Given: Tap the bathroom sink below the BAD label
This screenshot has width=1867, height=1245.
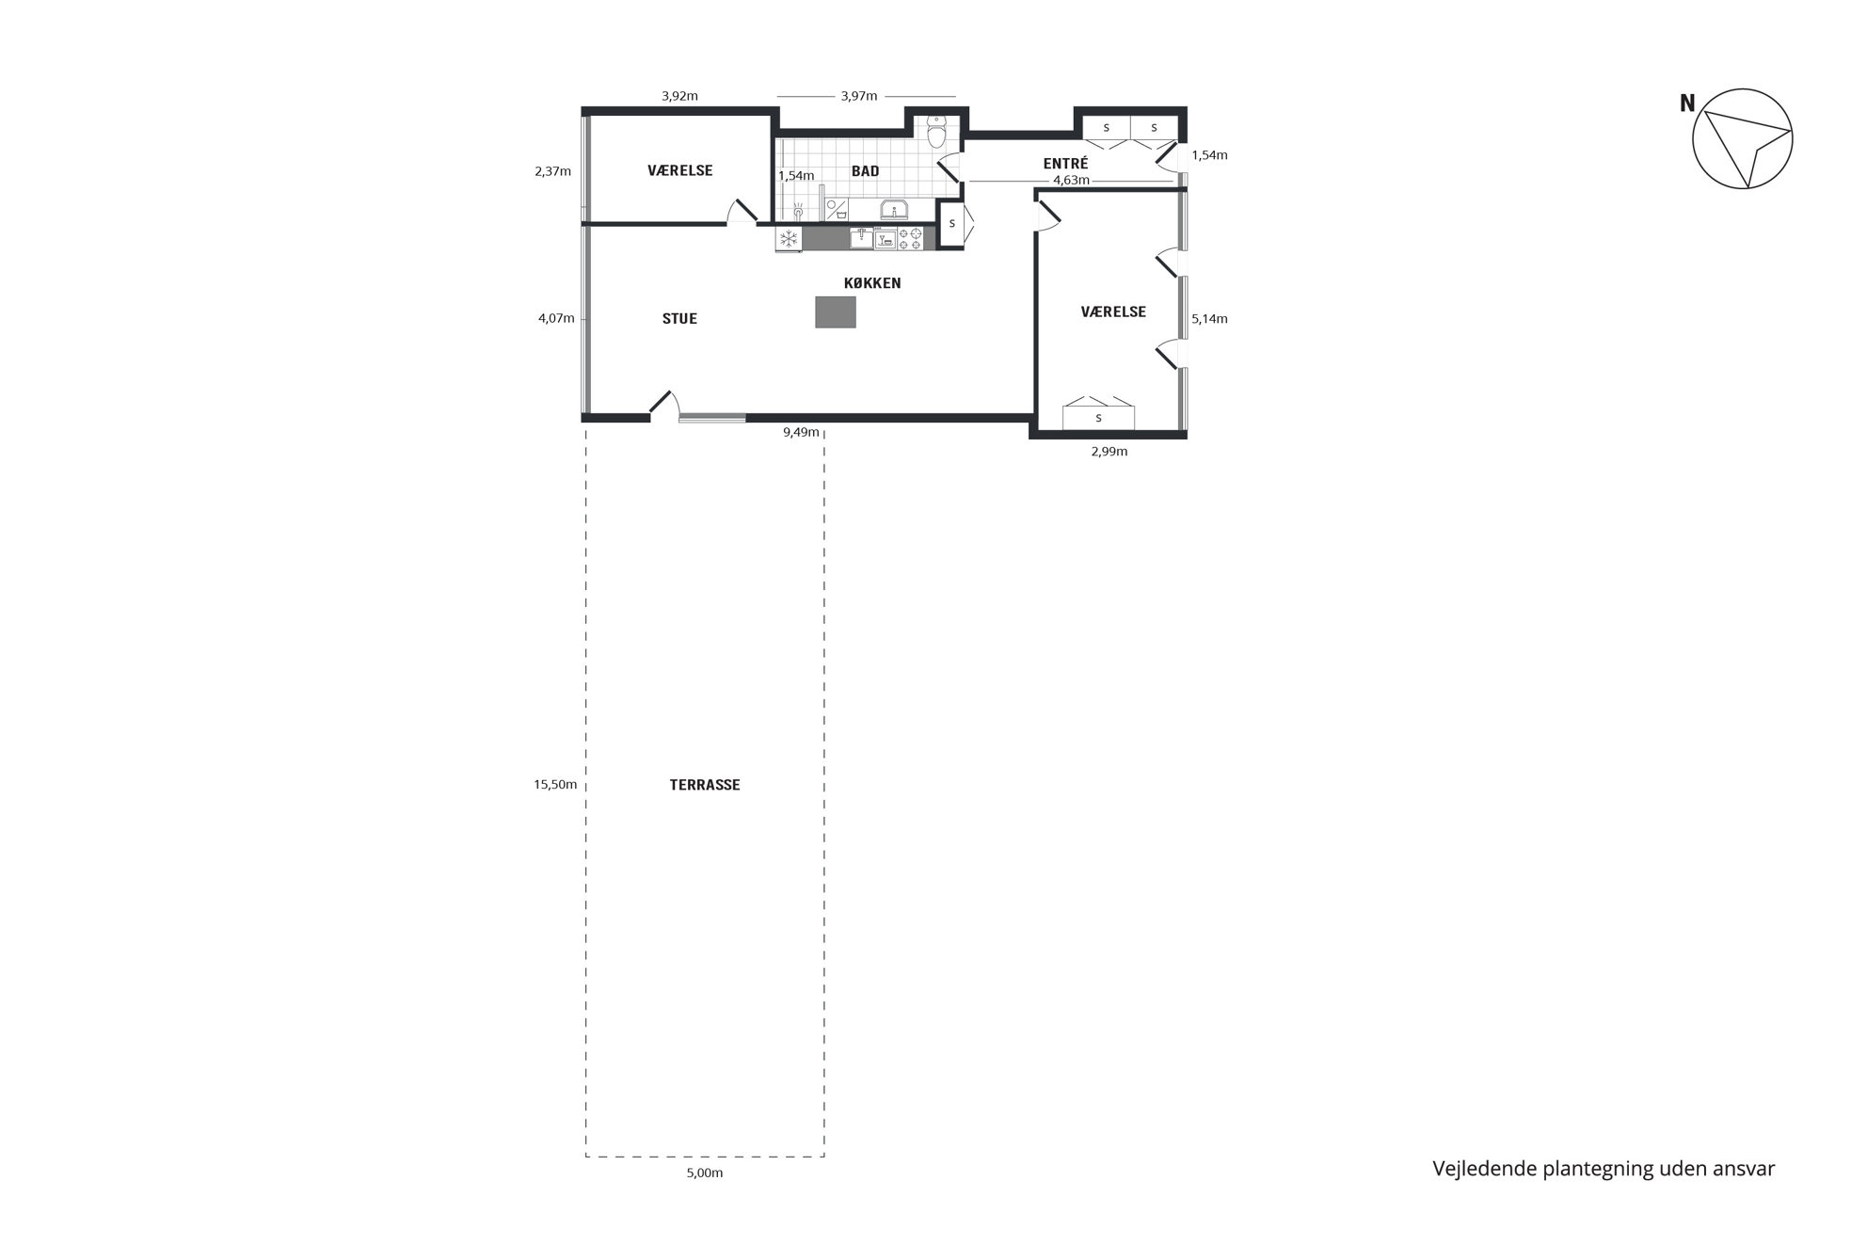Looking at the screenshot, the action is click(x=893, y=210).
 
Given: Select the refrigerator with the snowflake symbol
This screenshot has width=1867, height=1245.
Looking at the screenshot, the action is click(x=789, y=239).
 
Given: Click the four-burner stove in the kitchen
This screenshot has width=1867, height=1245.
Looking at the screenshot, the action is click(x=910, y=239).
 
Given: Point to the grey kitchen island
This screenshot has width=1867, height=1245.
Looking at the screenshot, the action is click(x=836, y=311).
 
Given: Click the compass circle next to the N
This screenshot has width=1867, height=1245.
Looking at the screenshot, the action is click(x=1743, y=139).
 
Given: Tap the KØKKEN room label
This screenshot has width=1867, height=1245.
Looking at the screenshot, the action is click(x=872, y=282).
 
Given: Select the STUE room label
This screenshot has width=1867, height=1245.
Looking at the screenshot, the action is click(x=679, y=318).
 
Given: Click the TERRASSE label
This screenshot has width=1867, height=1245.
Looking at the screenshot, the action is click(x=705, y=785).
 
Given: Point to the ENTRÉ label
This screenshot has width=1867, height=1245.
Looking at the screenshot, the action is click(x=1066, y=164).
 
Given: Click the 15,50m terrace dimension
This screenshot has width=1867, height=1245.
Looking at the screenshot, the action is click(x=555, y=785).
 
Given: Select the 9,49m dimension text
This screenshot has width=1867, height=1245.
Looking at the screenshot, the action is click(x=802, y=433).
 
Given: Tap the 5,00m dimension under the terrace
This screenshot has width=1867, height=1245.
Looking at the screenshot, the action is click(x=705, y=1173).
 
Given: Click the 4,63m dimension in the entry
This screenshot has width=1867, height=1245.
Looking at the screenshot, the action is click(x=1071, y=180).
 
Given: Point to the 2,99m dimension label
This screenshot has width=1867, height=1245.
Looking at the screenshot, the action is click(x=1109, y=452).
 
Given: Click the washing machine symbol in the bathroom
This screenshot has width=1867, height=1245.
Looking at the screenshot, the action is click(x=836, y=210).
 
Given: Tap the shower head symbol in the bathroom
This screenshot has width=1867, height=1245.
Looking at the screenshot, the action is click(x=797, y=211).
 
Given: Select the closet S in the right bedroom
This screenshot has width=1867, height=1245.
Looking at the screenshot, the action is click(x=1098, y=417).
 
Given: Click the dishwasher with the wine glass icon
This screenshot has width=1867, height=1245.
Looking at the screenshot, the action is click(x=885, y=239).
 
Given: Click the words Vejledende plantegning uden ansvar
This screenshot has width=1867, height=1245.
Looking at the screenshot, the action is click(x=1604, y=1170).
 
